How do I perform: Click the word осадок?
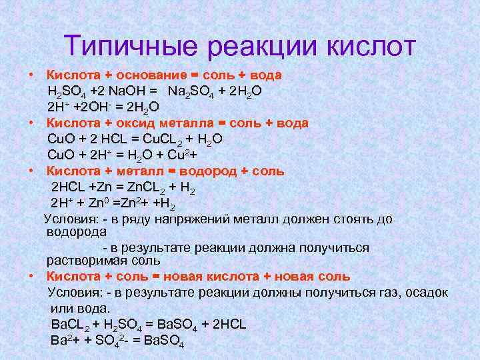(x=423, y=293)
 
